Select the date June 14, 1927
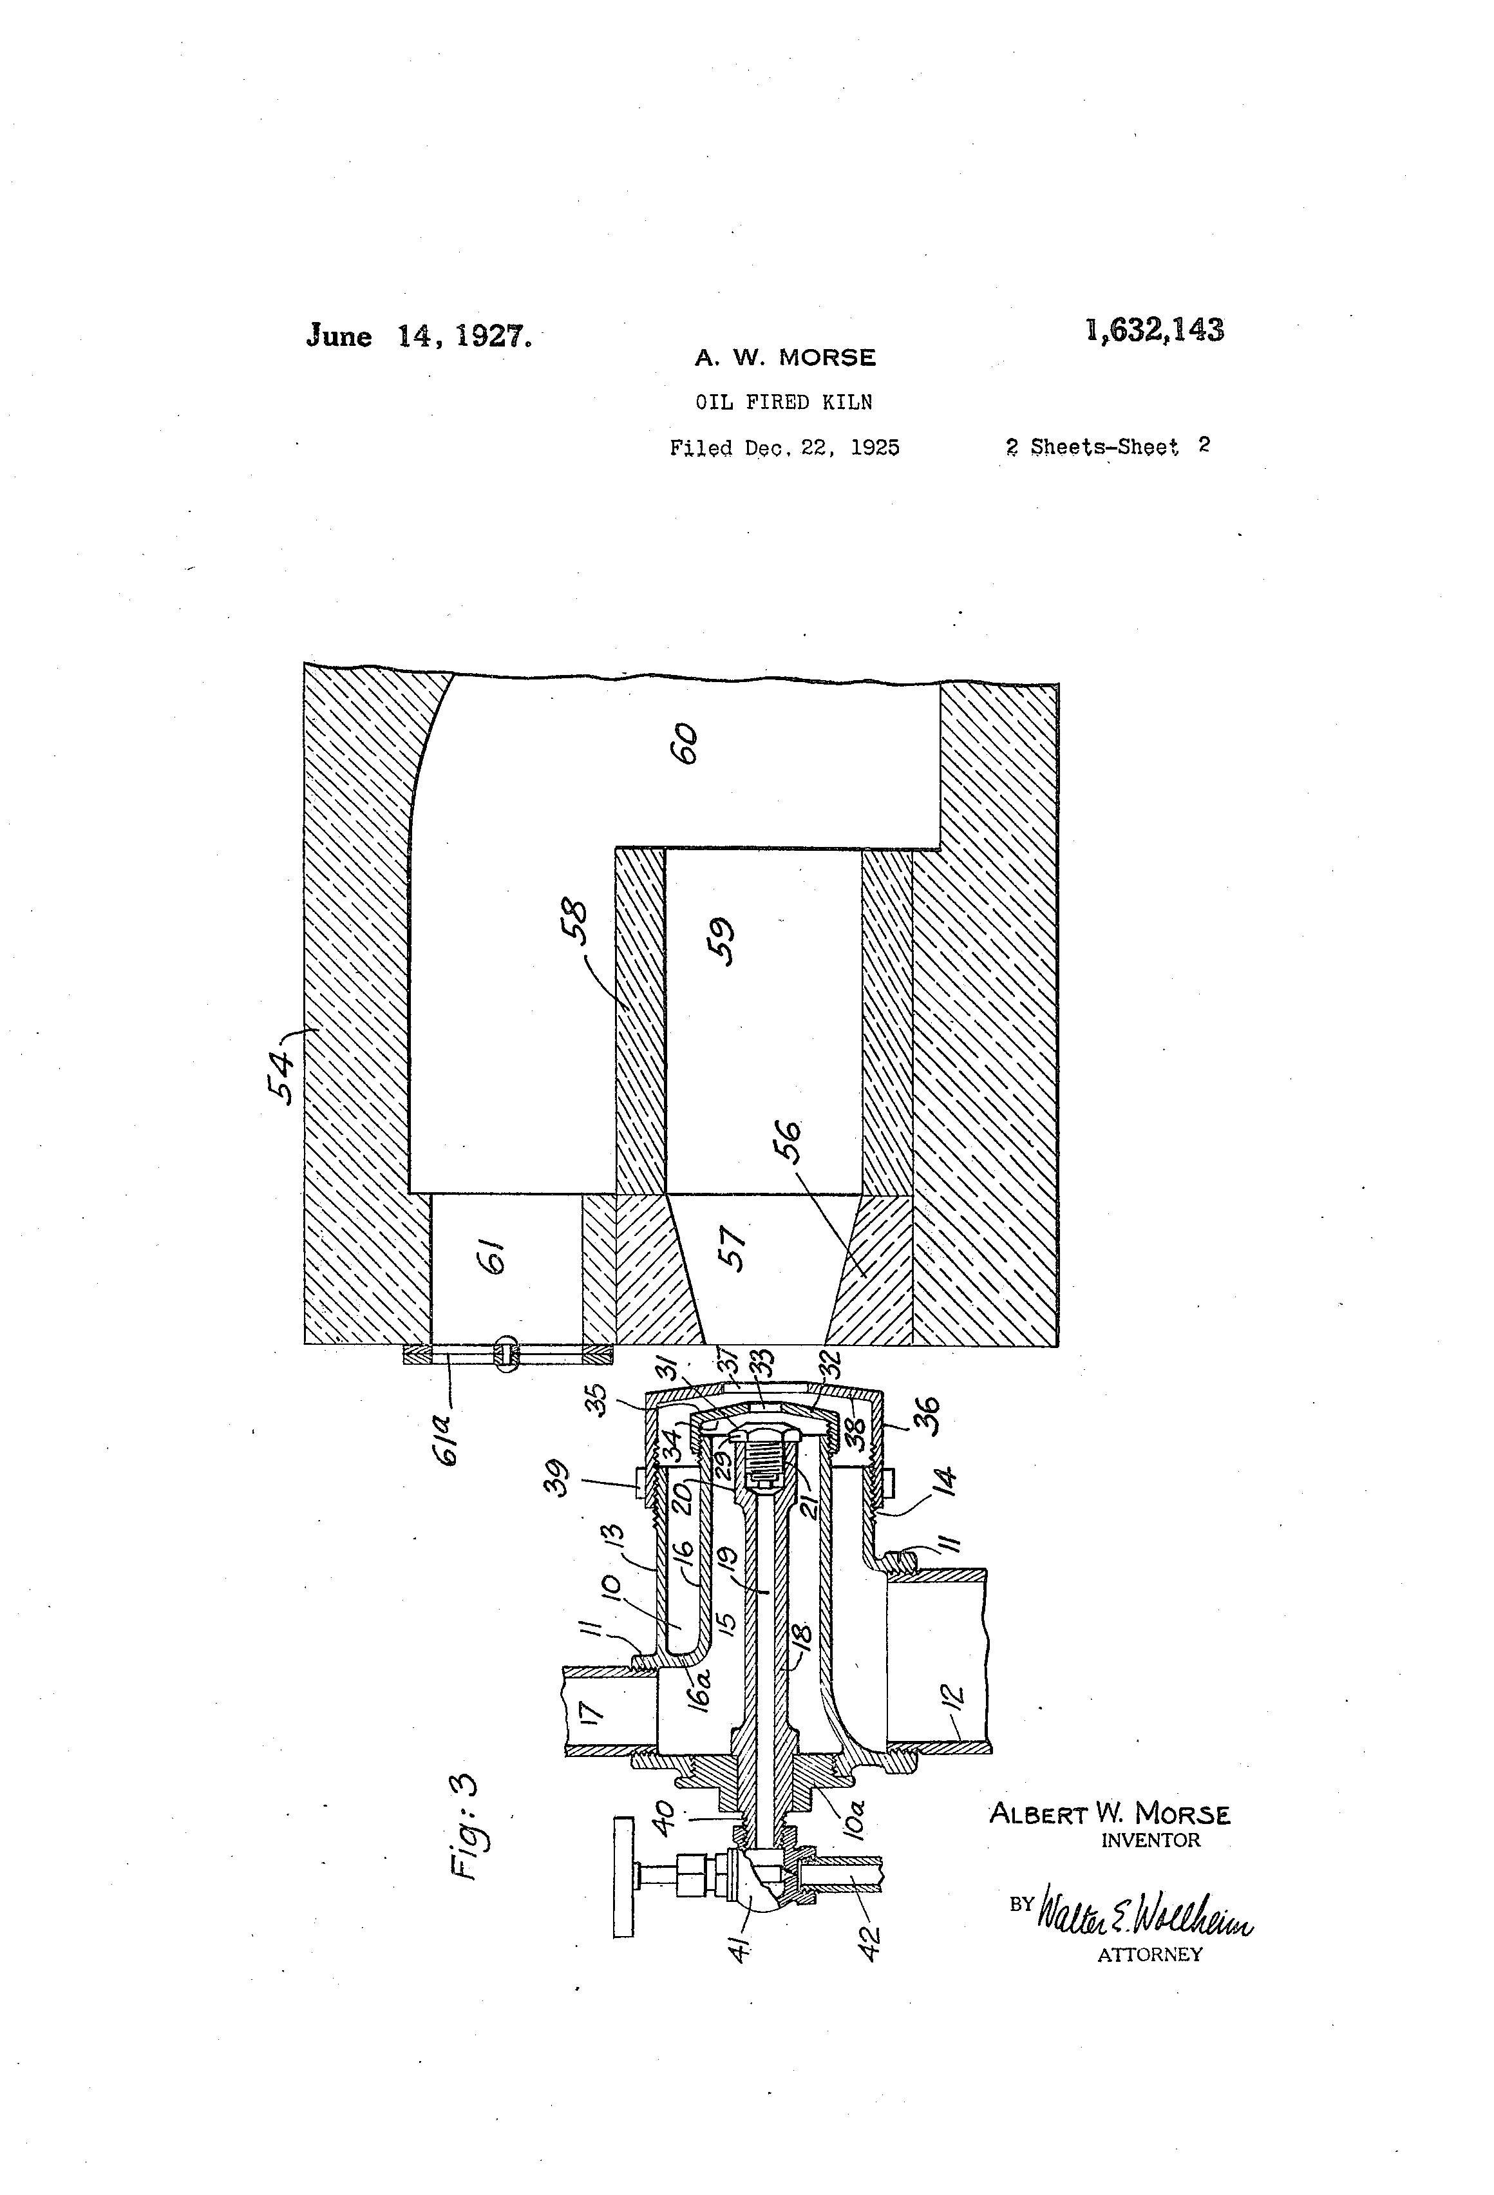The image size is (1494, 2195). point(419,336)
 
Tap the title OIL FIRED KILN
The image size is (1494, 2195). point(784,403)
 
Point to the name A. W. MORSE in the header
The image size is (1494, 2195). point(785,358)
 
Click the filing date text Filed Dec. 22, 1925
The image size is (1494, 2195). point(784,447)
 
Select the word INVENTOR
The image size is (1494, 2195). point(1150,1840)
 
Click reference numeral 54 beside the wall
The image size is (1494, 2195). point(282,1078)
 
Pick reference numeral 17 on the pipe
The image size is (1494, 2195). point(591,1711)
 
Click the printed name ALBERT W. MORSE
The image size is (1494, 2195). point(1110,1814)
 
